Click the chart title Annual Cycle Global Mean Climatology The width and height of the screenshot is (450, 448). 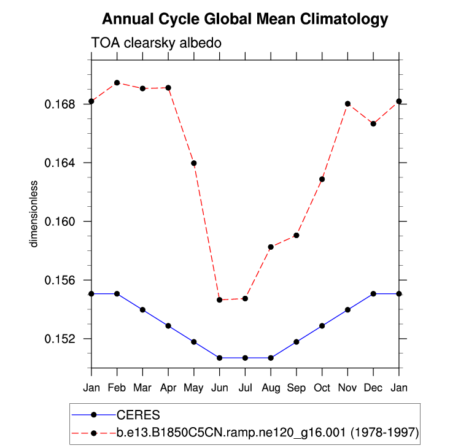coord(244,20)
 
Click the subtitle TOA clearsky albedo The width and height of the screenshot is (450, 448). coord(156,44)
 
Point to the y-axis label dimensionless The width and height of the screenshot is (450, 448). coord(35,214)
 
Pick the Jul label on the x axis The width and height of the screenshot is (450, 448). coord(245,388)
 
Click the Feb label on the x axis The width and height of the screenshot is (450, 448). coord(117,388)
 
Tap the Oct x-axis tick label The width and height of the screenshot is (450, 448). coord(322,388)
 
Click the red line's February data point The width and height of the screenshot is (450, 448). coord(117,83)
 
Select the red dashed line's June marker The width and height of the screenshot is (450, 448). coord(219,300)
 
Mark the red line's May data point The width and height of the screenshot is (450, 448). coord(194,163)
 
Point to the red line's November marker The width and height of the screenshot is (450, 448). coord(347,104)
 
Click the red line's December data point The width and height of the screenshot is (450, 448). coord(373,124)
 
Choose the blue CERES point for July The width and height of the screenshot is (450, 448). coord(245,358)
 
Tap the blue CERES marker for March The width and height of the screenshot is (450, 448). coord(142,310)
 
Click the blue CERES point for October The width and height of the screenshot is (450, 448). coord(322,326)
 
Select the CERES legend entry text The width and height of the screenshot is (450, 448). coord(138,415)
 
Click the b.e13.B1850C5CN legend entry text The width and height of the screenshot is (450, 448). coord(268,433)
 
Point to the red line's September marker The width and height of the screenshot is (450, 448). coord(297,235)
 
